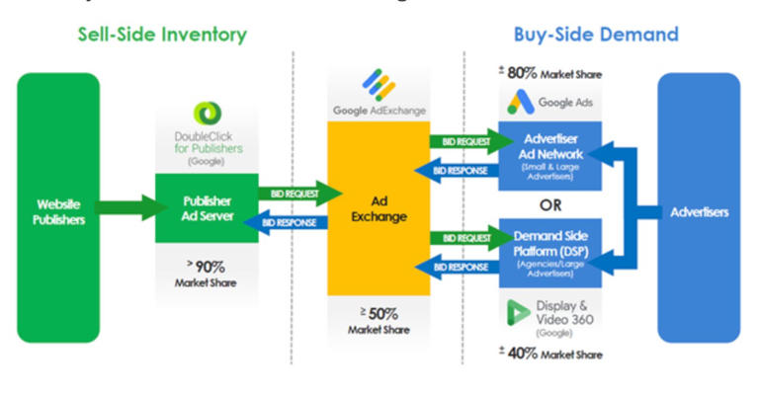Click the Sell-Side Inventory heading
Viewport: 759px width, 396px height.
point(162,36)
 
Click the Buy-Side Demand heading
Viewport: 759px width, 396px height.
point(595,36)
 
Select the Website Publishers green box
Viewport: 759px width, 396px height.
point(58,206)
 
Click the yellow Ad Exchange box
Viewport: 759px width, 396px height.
point(379,206)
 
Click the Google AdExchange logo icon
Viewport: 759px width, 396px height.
point(379,83)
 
